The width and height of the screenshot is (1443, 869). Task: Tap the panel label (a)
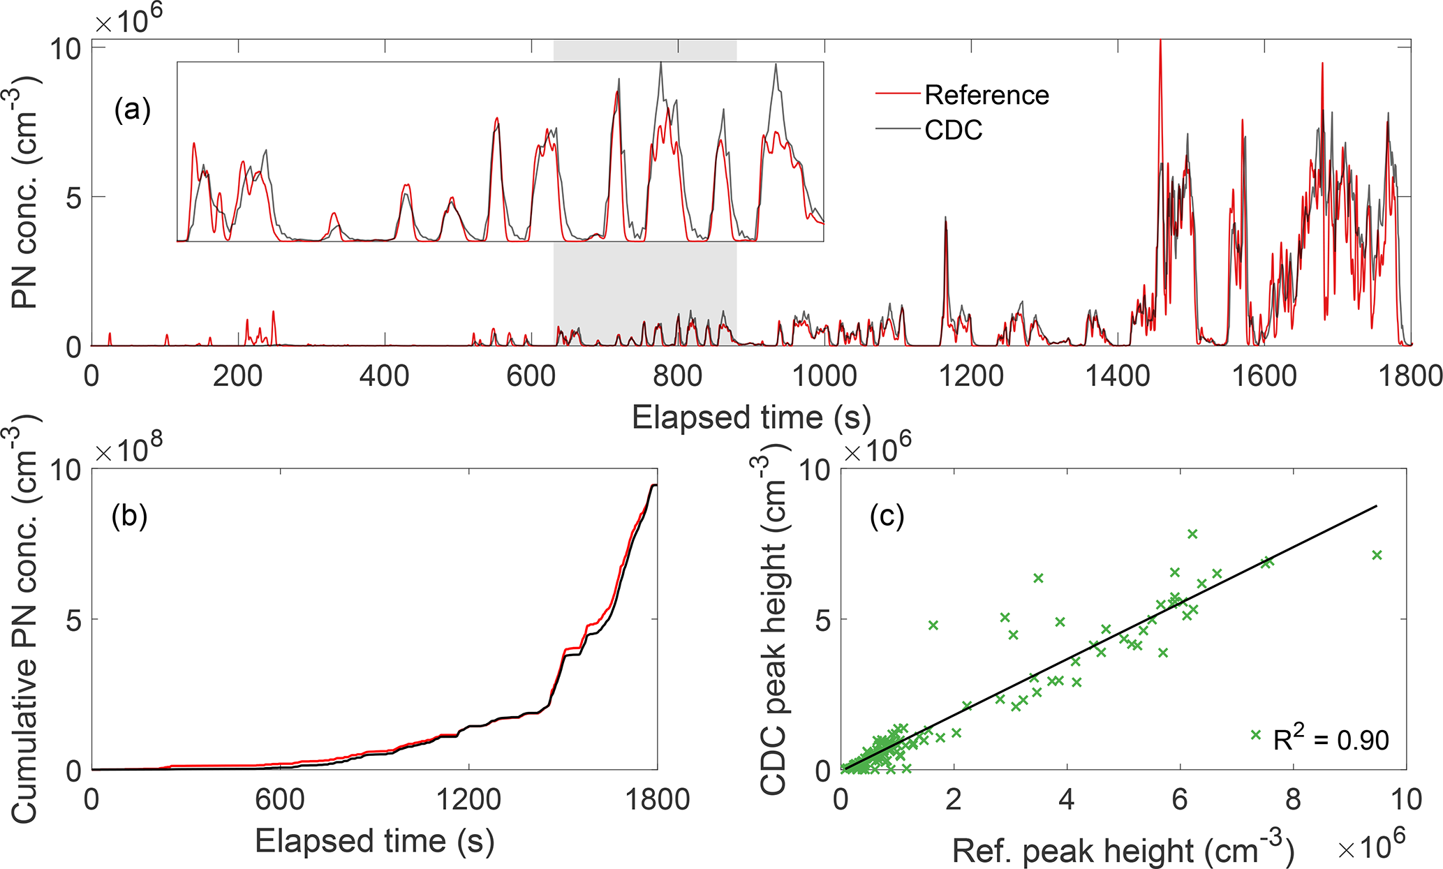pos(132,110)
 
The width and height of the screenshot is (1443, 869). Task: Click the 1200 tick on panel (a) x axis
pos(971,376)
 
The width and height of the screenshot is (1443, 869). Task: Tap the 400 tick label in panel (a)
pos(384,376)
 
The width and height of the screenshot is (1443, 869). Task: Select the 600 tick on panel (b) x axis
pos(280,799)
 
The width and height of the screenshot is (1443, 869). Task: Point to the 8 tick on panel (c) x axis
pos(1293,799)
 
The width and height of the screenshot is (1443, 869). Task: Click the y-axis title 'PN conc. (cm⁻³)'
pos(27,192)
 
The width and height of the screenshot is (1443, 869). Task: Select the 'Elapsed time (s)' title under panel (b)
pos(374,841)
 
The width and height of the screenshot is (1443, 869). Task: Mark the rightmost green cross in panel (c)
pos(1377,555)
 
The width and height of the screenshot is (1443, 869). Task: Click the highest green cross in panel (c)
pos(1192,534)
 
